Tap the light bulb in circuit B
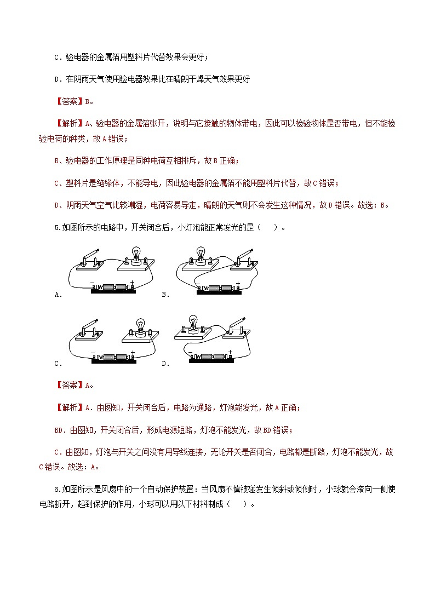click(x=201, y=251)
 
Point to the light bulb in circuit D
click(x=193, y=321)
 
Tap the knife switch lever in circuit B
click(x=244, y=253)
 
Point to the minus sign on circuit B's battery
click(x=198, y=283)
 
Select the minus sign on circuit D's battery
click(x=190, y=353)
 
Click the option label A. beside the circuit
click(x=58, y=295)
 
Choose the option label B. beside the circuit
click(x=165, y=295)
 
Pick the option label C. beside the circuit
click(x=58, y=363)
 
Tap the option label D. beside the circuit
click(x=165, y=363)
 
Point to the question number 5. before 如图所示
click(x=58, y=228)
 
